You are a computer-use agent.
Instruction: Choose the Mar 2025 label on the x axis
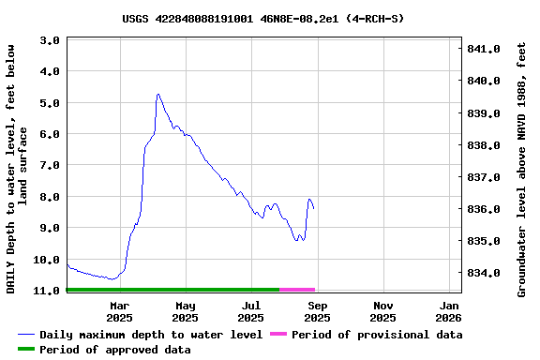119,311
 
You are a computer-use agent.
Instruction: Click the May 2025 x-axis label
186,311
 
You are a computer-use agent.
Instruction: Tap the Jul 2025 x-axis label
251,311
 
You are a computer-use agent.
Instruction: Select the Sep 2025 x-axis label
318,311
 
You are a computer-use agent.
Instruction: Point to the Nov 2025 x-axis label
383,311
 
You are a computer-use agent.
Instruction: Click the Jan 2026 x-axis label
450,311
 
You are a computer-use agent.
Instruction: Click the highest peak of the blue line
158,94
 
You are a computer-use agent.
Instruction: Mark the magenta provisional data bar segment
297,290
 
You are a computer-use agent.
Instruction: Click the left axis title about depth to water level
18,169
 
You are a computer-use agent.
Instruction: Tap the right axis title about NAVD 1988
522,169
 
